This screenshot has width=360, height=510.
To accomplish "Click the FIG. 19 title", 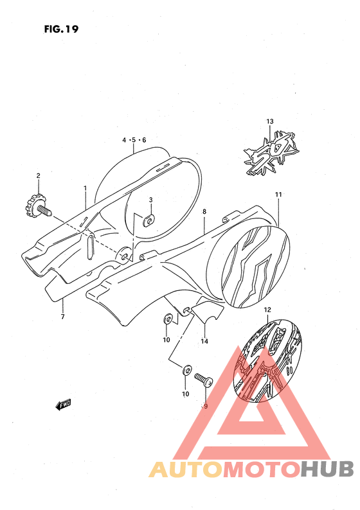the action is pyautogui.click(x=61, y=29).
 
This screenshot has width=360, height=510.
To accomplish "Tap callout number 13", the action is pyautogui.click(x=270, y=121).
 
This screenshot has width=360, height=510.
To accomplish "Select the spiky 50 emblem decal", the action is pyautogui.click(x=271, y=154).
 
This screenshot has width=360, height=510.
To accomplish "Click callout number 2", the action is pyautogui.click(x=38, y=175).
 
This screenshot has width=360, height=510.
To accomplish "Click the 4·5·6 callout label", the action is pyautogui.click(x=134, y=140).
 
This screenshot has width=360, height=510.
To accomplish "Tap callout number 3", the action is pyautogui.click(x=150, y=200).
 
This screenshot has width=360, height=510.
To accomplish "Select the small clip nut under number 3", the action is pyautogui.click(x=148, y=221).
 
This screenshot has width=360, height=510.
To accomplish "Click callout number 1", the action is pyautogui.click(x=85, y=188).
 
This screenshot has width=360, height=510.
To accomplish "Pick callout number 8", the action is pyautogui.click(x=204, y=212).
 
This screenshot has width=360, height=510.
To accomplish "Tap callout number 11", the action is pyautogui.click(x=278, y=195).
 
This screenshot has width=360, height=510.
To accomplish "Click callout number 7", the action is pyautogui.click(x=63, y=317).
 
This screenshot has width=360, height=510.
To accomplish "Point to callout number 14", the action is pyautogui.click(x=204, y=341).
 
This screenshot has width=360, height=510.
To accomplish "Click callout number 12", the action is pyautogui.click(x=267, y=310).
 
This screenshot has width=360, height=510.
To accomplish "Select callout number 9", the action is pyautogui.click(x=205, y=406).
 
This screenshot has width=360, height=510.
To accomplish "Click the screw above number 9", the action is pyautogui.click(x=203, y=380).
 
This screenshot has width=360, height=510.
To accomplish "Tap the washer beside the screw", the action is pyautogui.click(x=187, y=370).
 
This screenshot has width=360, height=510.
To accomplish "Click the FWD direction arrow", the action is pyautogui.click(x=63, y=405).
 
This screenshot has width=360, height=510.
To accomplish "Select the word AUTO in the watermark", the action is pyautogui.click(x=186, y=470).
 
